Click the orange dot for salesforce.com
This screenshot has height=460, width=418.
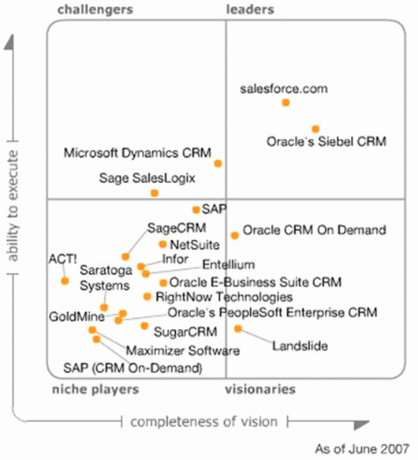pos(286,103)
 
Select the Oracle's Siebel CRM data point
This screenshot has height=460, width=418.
pos(315,129)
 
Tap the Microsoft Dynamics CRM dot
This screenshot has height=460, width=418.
pos(218,163)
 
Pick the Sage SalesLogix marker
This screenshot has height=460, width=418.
pos(155,193)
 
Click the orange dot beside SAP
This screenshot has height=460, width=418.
pos(196,210)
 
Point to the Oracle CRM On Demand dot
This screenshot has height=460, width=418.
pos(235,235)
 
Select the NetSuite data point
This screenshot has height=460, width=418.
pos(162,244)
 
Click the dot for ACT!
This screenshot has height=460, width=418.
pos(65,281)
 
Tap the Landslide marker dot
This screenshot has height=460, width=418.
pos(238,328)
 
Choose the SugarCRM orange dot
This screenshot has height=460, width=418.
pos(144,326)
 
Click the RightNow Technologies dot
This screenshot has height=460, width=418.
pos(147,297)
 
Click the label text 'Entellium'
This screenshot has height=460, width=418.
pos(229,264)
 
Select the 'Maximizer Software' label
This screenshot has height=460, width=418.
pos(183,350)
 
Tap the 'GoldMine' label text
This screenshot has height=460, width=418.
pos(77,316)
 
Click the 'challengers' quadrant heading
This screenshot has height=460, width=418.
pos(95,9)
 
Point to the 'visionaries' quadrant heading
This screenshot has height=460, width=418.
pos(260,389)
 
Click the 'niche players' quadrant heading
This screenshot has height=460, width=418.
pos(95,390)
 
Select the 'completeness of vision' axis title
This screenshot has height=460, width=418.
pos(203,422)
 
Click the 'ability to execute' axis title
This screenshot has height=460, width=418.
pos(13,206)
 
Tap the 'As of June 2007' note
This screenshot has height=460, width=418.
pos(362,449)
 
